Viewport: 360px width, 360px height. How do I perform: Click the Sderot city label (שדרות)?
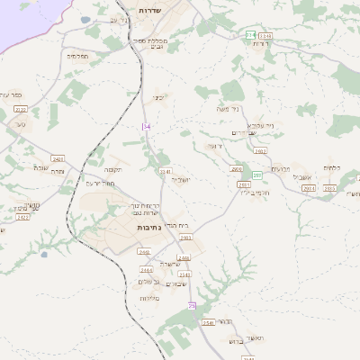[149, 11]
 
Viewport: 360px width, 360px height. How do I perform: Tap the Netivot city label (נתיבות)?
[148, 229]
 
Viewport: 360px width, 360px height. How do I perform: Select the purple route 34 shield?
[146, 127]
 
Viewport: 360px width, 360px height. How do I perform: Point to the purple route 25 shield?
[191, 307]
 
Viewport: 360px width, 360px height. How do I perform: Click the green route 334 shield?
[250, 34]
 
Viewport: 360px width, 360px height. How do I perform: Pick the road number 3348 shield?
[265, 35]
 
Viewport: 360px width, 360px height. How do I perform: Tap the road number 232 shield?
[21, 110]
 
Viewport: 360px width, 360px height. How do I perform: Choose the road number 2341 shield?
[165, 171]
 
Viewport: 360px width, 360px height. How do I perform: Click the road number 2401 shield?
[58, 158]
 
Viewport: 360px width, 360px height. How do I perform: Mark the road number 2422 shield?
[23, 217]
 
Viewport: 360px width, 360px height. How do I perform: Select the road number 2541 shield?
[208, 322]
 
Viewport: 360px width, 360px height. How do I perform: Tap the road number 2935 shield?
[309, 188]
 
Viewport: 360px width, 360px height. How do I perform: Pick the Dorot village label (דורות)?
[260, 43]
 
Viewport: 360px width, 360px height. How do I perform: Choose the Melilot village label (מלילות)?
[149, 297]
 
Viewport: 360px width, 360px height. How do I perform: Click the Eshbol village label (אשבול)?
[310, 177]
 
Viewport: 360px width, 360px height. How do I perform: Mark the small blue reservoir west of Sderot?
[85, 20]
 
